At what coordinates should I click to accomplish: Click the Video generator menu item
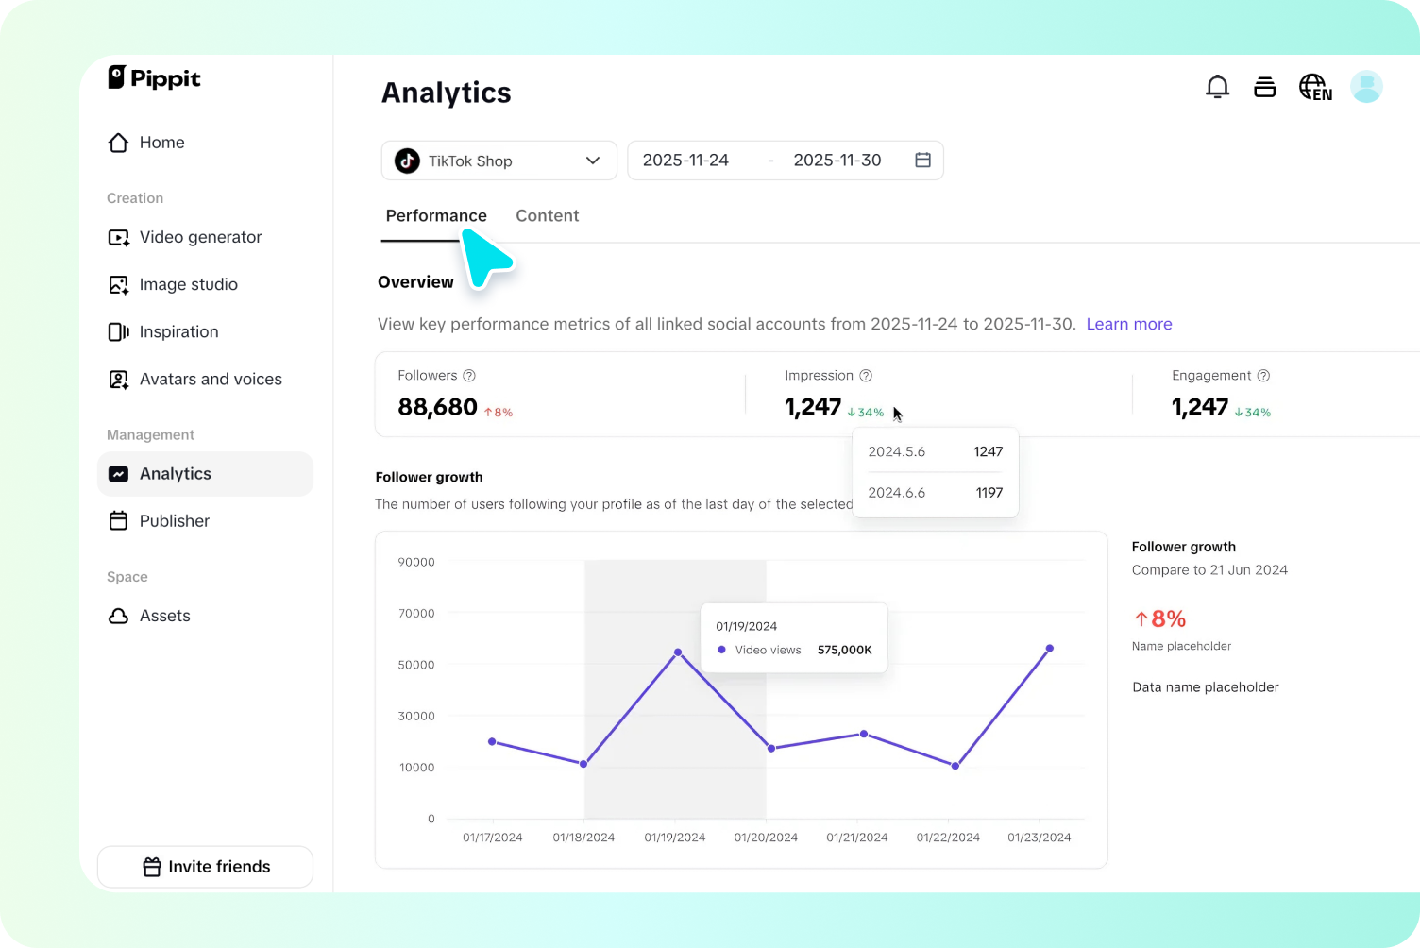(200, 237)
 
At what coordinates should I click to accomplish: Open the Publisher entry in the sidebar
(174, 521)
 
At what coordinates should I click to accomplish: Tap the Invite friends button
(205, 867)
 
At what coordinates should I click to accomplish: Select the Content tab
(547, 215)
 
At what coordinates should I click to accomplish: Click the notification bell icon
(1217, 87)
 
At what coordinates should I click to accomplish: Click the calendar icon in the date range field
(922, 161)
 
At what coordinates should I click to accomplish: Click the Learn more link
(1128, 324)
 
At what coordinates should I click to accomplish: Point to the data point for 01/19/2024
(678, 652)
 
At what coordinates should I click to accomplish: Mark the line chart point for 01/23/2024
(1049, 649)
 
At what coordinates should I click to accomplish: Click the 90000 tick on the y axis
(416, 562)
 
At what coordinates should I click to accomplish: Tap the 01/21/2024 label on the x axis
(856, 838)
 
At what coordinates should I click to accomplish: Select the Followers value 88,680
(437, 407)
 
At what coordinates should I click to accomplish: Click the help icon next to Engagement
(1263, 376)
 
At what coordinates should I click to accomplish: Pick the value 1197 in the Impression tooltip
(989, 493)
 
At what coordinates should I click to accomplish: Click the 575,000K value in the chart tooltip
(844, 650)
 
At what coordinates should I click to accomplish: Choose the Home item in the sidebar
(161, 143)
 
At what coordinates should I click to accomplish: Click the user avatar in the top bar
(1365, 87)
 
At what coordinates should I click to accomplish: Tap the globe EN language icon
(1314, 87)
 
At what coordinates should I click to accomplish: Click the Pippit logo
(155, 78)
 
